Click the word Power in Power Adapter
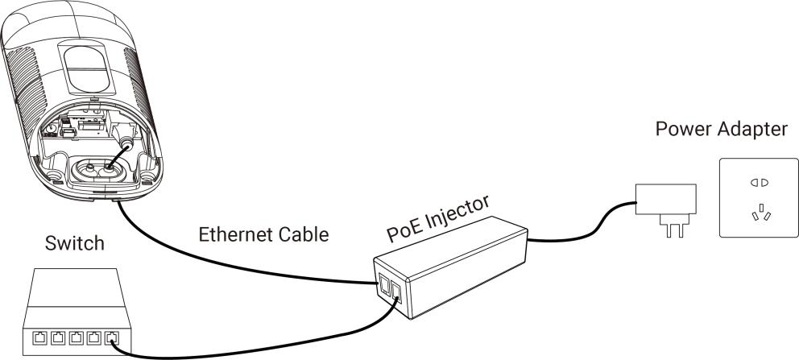pos(680,130)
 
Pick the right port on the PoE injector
pos(396,292)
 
